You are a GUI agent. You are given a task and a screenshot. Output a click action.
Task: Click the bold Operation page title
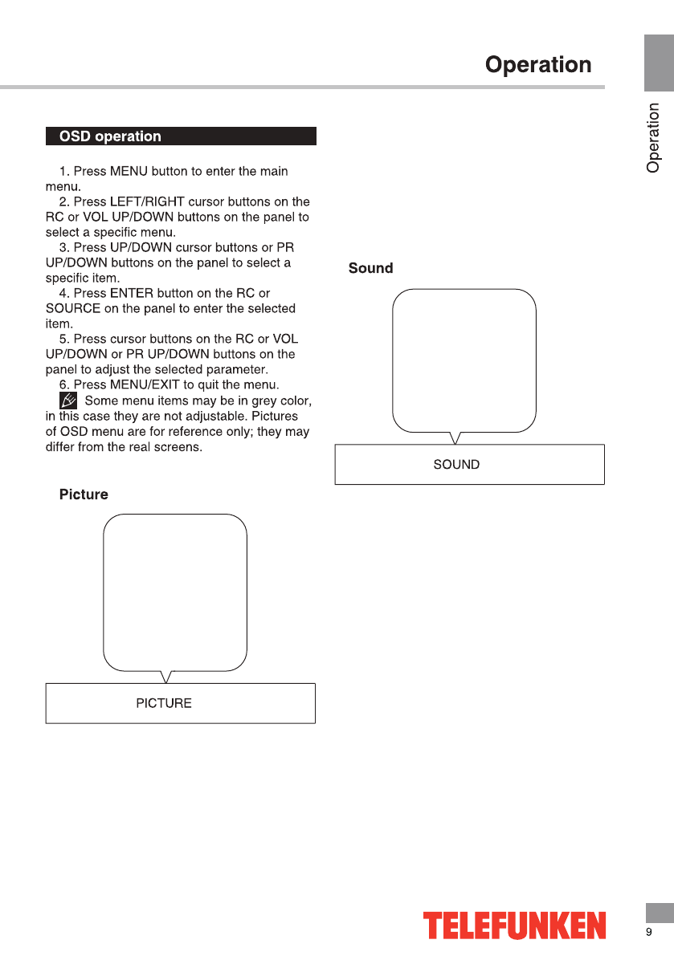point(537,65)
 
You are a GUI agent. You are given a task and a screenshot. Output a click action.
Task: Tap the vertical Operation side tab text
point(654,138)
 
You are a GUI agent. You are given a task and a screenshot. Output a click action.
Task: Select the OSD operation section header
point(111,136)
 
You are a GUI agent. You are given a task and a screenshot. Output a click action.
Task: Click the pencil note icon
point(68,400)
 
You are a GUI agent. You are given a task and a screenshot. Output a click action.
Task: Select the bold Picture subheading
point(84,494)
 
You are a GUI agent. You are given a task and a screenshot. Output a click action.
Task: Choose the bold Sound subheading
point(370,268)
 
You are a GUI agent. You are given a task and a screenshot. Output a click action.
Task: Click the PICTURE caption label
point(164,703)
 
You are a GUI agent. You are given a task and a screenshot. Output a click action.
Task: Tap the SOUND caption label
point(456,464)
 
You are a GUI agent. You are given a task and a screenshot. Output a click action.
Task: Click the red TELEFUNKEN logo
point(515,925)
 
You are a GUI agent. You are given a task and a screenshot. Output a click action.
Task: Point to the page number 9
point(649,932)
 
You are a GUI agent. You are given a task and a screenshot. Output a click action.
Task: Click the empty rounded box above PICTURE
point(175,592)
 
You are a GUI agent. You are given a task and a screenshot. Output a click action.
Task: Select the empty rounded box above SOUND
point(464,360)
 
